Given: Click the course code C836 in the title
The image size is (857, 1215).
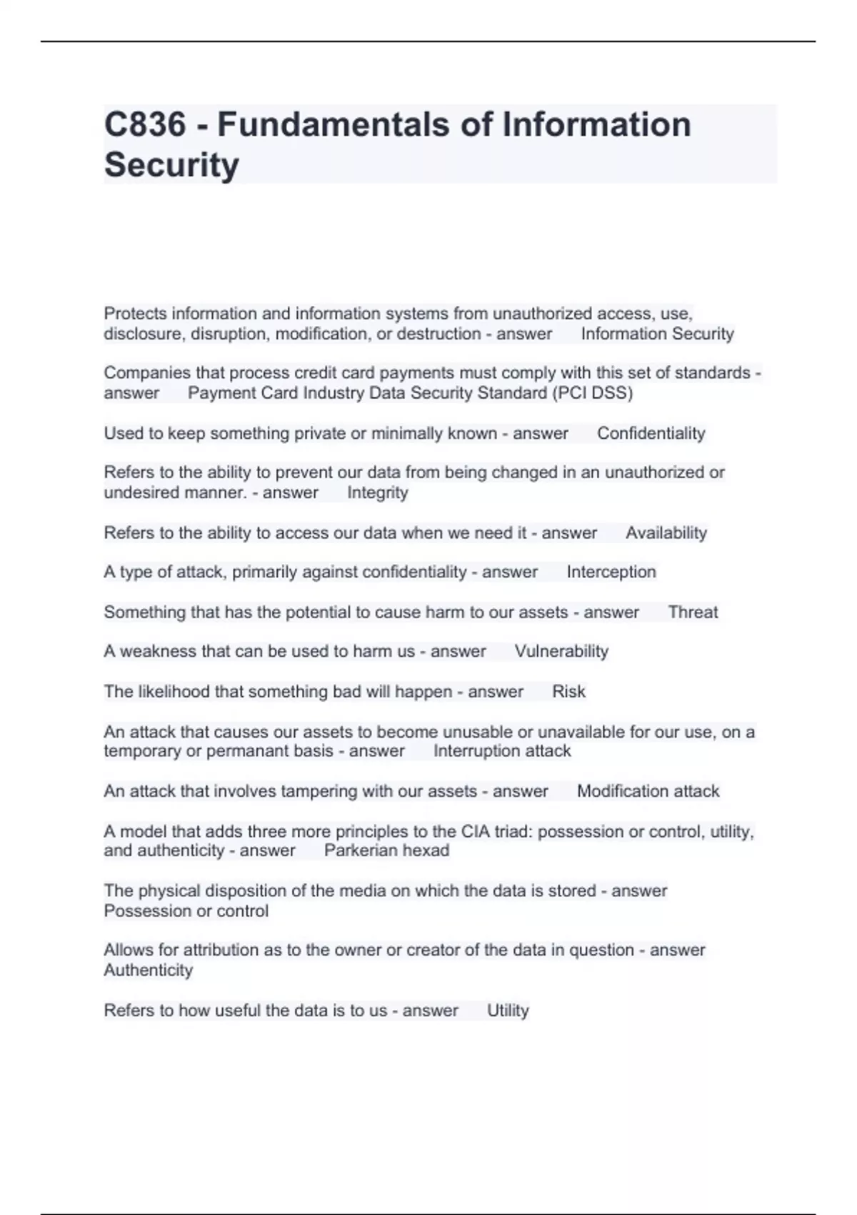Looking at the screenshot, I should click(145, 124).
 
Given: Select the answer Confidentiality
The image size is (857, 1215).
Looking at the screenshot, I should click(651, 433).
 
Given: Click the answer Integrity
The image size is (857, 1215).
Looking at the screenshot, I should click(377, 492).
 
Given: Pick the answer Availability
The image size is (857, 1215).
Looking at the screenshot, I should click(666, 532).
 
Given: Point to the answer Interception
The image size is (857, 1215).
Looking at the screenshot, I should click(611, 572).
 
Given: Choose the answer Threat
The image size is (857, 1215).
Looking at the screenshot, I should click(693, 612).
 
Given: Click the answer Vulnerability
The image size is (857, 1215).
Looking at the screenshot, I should click(561, 651).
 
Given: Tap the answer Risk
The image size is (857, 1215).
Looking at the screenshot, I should click(568, 691).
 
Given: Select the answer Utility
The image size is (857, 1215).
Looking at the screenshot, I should click(508, 1010).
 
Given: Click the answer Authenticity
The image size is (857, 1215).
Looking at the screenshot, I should click(149, 970).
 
